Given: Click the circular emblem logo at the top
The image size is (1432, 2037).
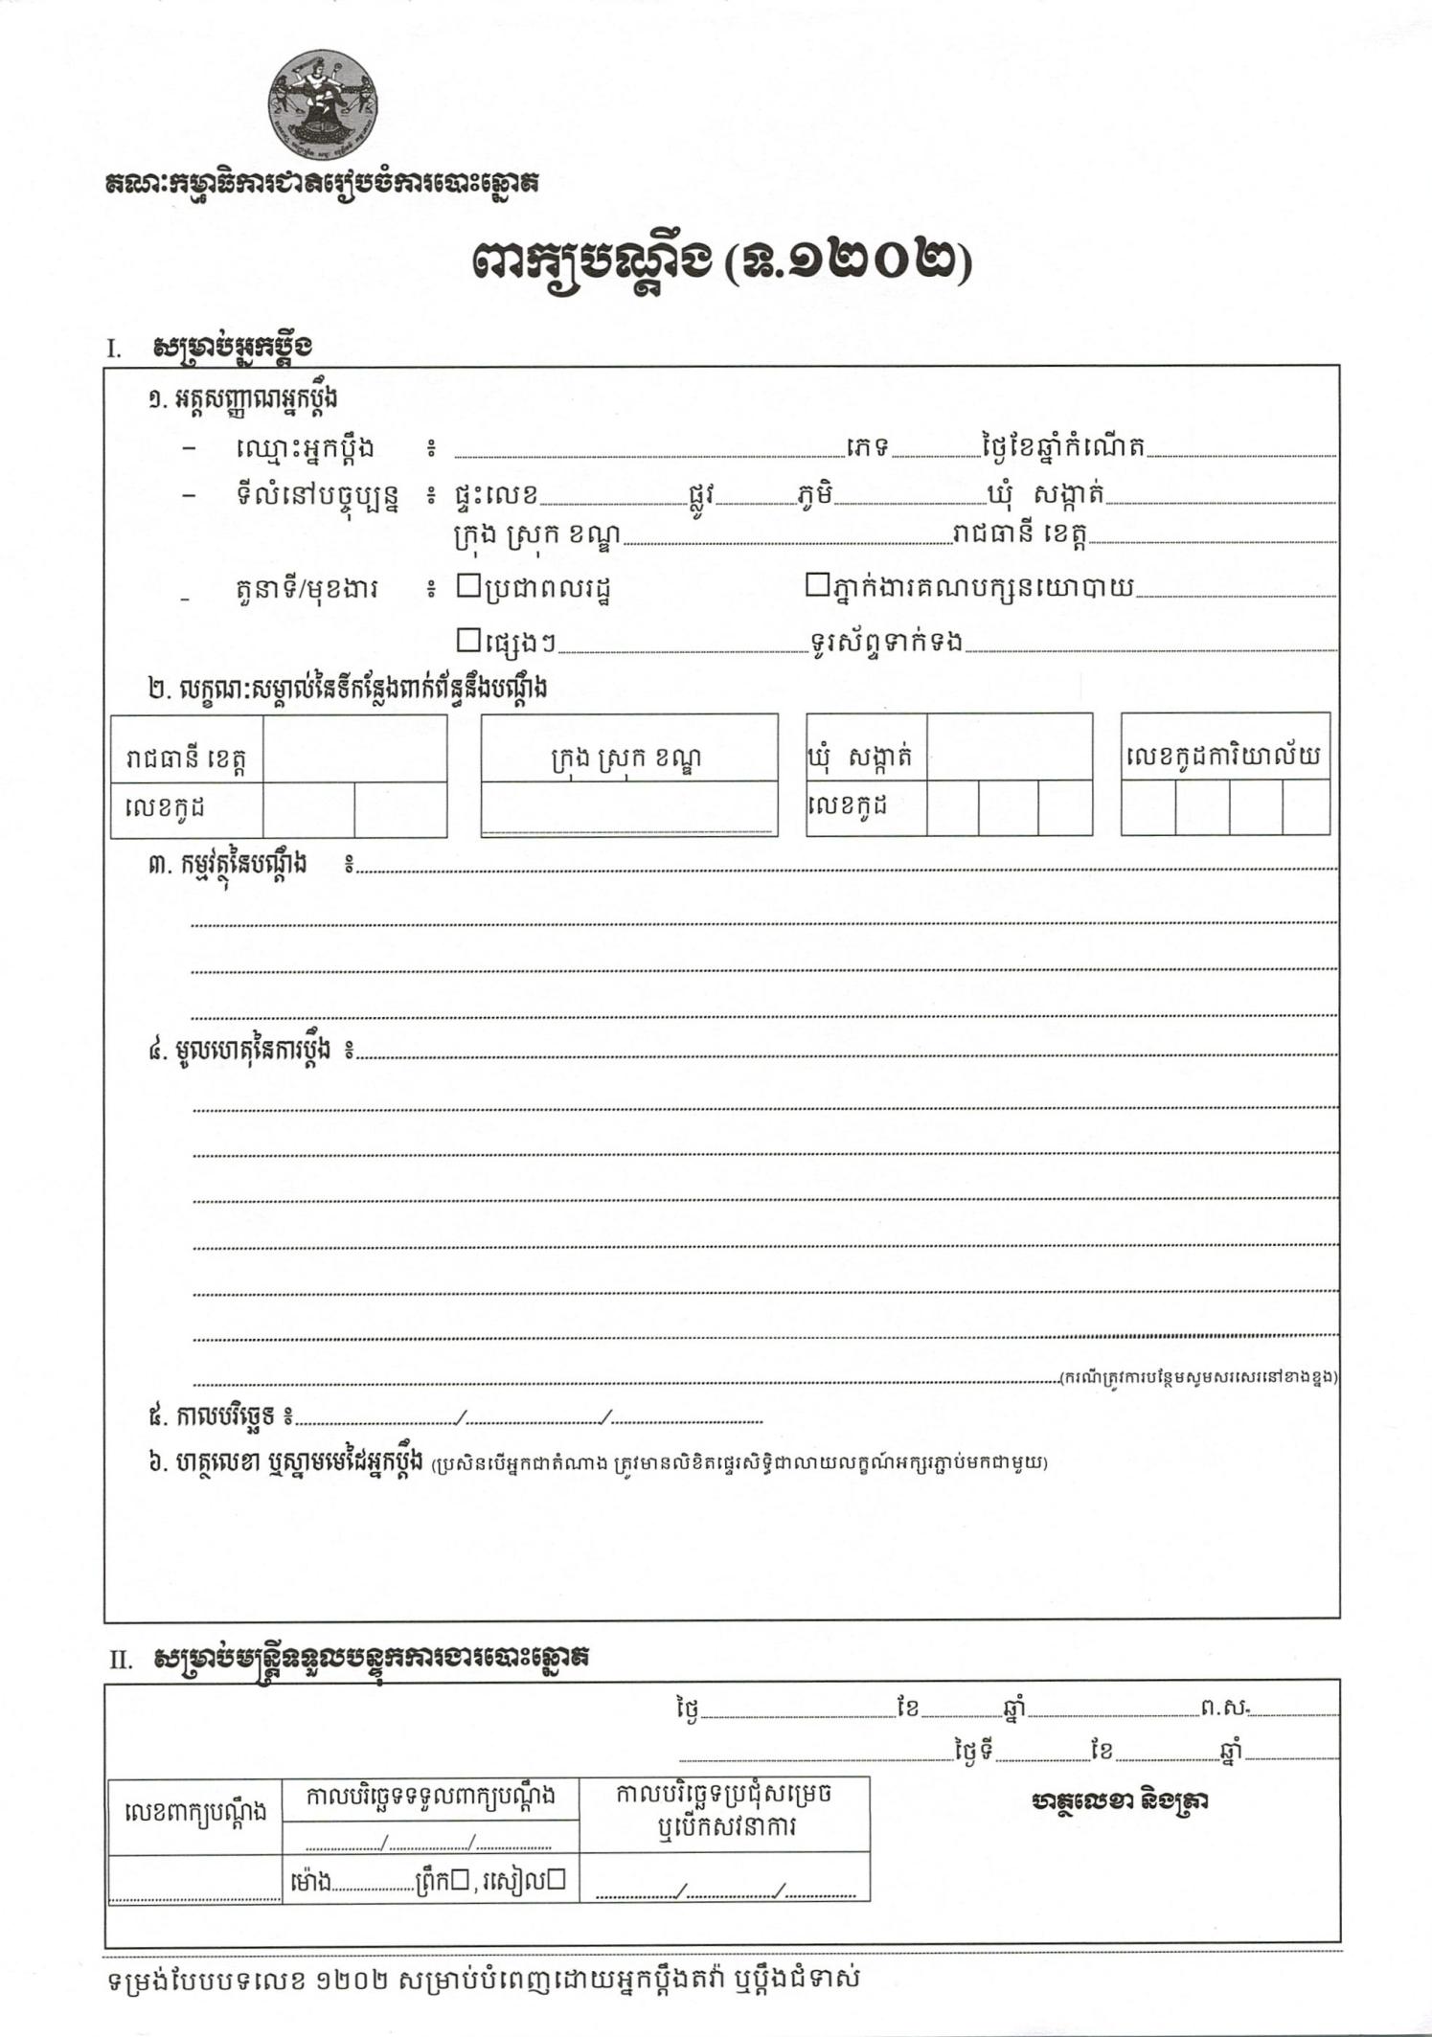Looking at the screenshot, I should click(x=322, y=104).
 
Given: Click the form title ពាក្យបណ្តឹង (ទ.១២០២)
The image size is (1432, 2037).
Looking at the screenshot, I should click(x=720, y=261).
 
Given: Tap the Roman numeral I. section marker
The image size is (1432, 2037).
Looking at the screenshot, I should click(x=114, y=349).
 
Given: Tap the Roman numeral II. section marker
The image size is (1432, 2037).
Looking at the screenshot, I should click(x=120, y=1660).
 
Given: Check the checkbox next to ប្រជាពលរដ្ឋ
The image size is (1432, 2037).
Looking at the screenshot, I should click(x=468, y=584).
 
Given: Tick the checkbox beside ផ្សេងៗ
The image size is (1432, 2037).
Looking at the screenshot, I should click(x=468, y=638).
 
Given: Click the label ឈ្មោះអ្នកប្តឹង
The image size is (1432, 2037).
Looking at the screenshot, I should click(x=304, y=447).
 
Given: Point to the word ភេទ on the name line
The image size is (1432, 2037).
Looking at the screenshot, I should click(x=868, y=447).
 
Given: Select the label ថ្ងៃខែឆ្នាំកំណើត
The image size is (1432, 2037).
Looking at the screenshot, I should click(x=1063, y=446).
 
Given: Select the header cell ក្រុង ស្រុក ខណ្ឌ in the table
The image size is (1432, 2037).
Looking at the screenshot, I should click(x=628, y=758).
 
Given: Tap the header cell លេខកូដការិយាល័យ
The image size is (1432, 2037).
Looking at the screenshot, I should click(x=1224, y=757).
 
